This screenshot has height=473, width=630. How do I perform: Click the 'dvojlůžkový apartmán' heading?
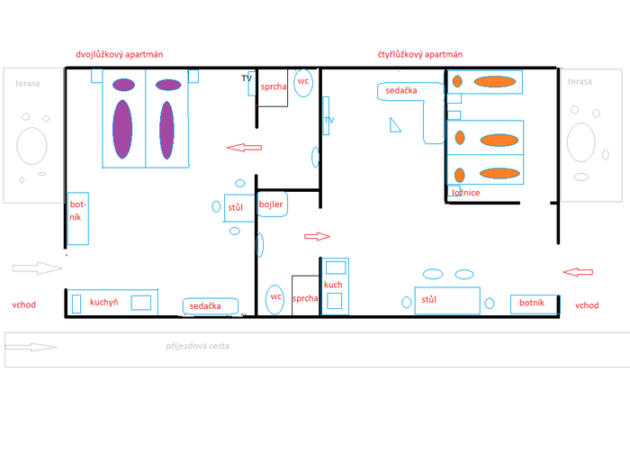[x=120, y=54]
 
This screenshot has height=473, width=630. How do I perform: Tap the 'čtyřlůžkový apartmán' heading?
[x=420, y=54]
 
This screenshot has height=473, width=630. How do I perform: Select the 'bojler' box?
[x=272, y=205]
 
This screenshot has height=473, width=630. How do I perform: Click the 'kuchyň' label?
[x=103, y=302]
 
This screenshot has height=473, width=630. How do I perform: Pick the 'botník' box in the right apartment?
[x=534, y=305]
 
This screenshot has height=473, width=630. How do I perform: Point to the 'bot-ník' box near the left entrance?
[x=78, y=218]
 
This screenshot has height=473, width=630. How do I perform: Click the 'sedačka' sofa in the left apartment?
[x=210, y=306]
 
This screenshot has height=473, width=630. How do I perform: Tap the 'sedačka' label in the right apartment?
[x=401, y=90]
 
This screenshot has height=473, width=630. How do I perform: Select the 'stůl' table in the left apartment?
[x=239, y=207]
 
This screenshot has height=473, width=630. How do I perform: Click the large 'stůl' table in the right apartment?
[x=447, y=300]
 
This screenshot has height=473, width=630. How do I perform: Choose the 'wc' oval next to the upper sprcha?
[x=303, y=83]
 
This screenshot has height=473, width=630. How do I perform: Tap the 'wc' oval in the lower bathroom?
[x=274, y=299]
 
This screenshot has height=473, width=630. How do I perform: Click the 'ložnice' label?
[x=465, y=193]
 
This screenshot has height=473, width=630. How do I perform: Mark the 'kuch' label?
[x=333, y=285]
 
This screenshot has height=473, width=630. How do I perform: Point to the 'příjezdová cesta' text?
[x=197, y=346]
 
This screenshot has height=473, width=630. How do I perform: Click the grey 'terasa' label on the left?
[x=27, y=83]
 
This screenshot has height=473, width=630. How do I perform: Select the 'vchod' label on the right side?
[x=587, y=305]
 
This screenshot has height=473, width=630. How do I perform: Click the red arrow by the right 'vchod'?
[x=578, y=272]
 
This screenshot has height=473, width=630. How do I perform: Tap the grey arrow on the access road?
[x=31, y=347]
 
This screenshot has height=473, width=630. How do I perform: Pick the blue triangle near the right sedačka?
[x=394, y=126]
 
